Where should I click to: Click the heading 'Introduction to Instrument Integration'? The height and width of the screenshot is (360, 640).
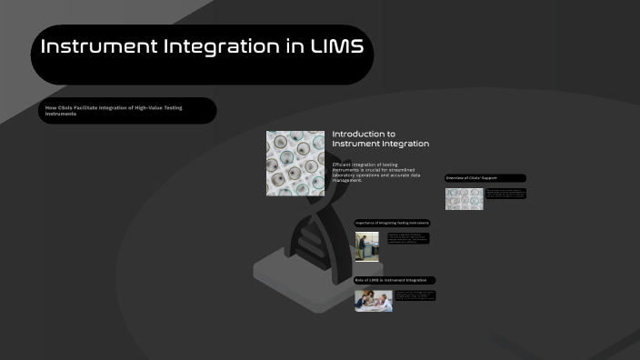380,138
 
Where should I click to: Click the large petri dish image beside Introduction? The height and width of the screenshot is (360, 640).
295,163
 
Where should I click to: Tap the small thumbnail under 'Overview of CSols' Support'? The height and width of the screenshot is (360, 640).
464,198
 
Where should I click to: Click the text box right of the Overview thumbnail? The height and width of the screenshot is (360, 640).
505,194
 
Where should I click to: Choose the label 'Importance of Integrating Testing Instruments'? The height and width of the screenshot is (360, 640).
392,223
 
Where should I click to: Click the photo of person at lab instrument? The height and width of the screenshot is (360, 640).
367,246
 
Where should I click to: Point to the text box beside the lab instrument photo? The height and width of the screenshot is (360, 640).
408,238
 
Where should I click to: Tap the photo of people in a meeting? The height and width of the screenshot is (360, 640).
373,300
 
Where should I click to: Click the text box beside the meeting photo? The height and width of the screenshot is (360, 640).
415,295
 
